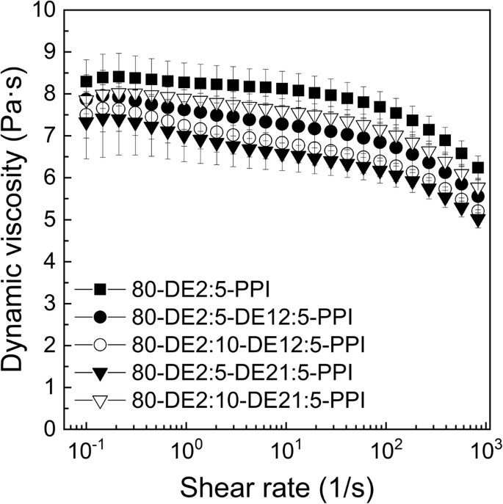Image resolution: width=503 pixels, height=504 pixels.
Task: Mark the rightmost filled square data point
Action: [478, 168]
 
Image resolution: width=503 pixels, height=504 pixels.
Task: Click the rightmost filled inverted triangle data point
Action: [478, 220]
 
